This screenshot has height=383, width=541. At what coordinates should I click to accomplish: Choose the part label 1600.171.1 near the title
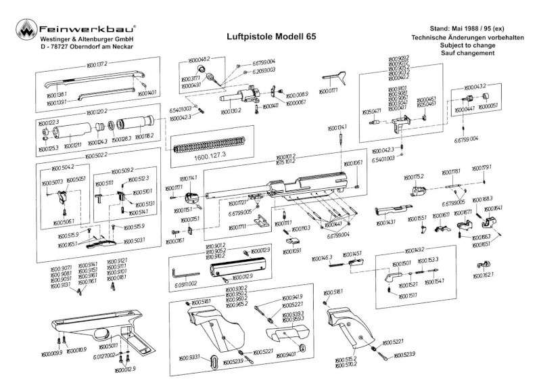328,90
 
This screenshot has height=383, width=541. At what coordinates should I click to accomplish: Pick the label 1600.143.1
385,222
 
